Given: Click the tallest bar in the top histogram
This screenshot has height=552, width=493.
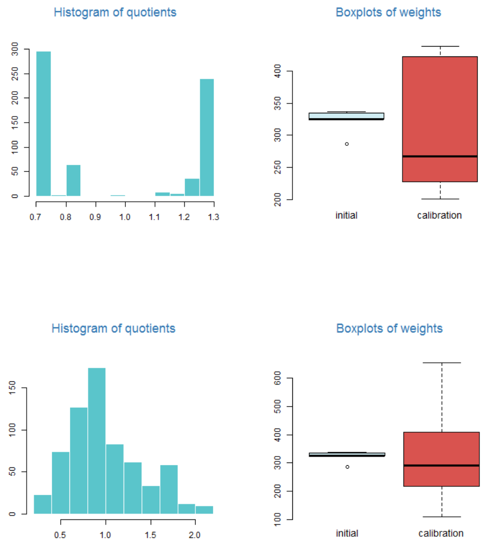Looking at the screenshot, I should tap(43, 124).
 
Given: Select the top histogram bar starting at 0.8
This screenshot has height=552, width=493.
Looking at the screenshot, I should tap(73, 181).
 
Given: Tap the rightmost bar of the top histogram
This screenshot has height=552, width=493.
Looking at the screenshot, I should tap(207, 137).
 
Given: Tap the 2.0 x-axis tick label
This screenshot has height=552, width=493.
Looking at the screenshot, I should tap(194, 535).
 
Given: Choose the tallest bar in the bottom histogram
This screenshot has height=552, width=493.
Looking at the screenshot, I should tap(97, 440).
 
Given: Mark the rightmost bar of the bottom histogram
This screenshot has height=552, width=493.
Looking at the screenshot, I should tap(204, 510).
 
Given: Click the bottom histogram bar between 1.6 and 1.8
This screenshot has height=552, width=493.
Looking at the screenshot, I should tap(169, 489).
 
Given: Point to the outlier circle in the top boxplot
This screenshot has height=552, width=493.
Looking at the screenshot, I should tap(347, 144).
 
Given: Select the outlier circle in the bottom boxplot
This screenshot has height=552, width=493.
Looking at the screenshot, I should tap(347, 466).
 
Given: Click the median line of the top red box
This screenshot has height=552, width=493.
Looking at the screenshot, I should tap(440, 156).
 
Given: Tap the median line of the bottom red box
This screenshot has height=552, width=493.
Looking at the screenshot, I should tap(441, 465).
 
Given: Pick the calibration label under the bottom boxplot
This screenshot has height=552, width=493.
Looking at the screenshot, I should tap(441, 533).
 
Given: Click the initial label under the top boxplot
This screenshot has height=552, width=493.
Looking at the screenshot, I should tap(347, 215).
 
